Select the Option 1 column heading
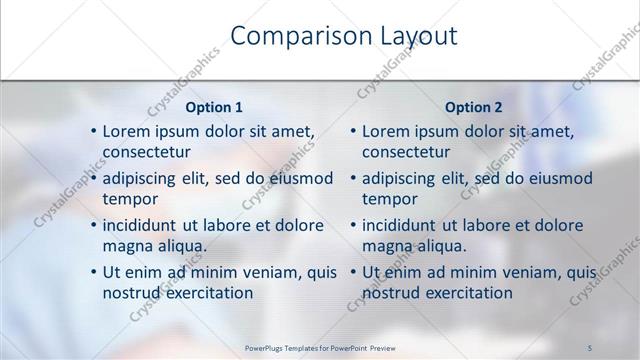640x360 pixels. [214, 107]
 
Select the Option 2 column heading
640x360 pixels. [474, 107]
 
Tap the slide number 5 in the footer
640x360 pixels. [590, 348]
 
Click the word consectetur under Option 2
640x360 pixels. [406, 152]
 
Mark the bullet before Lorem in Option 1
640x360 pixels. [93, 132]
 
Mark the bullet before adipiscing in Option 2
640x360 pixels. [353, 179]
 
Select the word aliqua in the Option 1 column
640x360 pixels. [179, 246]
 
